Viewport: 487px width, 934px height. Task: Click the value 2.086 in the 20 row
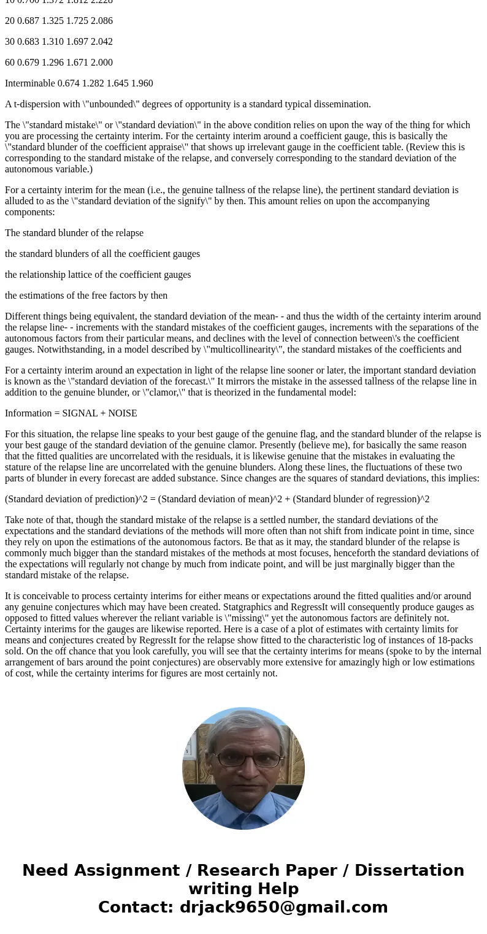click(101, 21)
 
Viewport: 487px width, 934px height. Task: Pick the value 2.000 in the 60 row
click(101, 63)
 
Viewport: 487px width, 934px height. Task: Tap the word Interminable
click(30, 83)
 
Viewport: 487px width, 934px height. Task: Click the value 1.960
click(142, 83)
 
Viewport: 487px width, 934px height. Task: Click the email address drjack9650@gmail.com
click(283, 907)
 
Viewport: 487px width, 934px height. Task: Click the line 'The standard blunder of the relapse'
click(74, 233)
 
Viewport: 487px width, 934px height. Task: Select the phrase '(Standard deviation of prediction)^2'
click(77, 499)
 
